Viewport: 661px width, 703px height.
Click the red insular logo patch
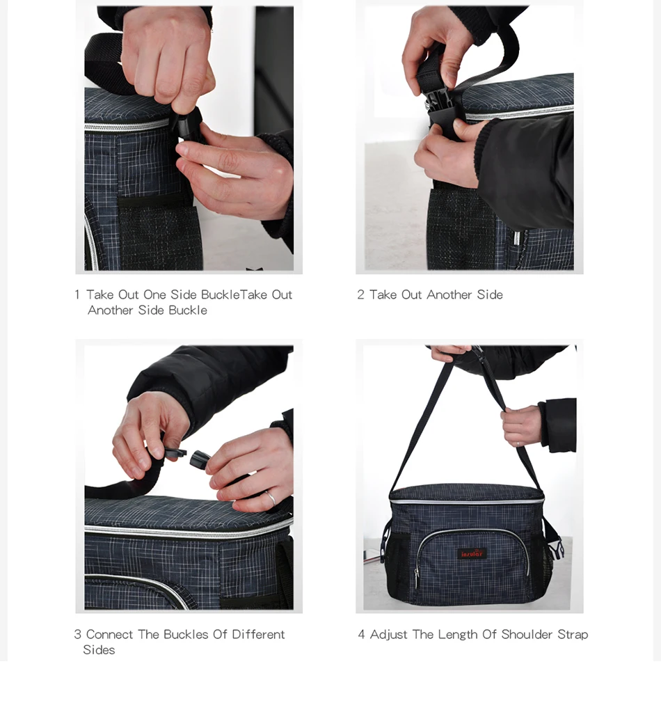tap(472, 554)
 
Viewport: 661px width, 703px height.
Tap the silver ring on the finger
tap(270, 498)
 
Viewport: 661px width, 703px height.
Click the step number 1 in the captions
tap(77, 294)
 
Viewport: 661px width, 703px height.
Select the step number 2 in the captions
tap(360, 294)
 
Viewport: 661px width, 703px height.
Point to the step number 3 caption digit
tap(77, 634)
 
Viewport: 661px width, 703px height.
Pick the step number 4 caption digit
tap(361, 634)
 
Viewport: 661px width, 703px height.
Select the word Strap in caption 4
tap(573, 635)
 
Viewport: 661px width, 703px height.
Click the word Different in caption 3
tap(258, 634)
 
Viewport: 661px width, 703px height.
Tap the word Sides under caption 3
tap(99, 650)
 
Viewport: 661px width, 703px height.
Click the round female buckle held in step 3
tap(200, 459)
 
